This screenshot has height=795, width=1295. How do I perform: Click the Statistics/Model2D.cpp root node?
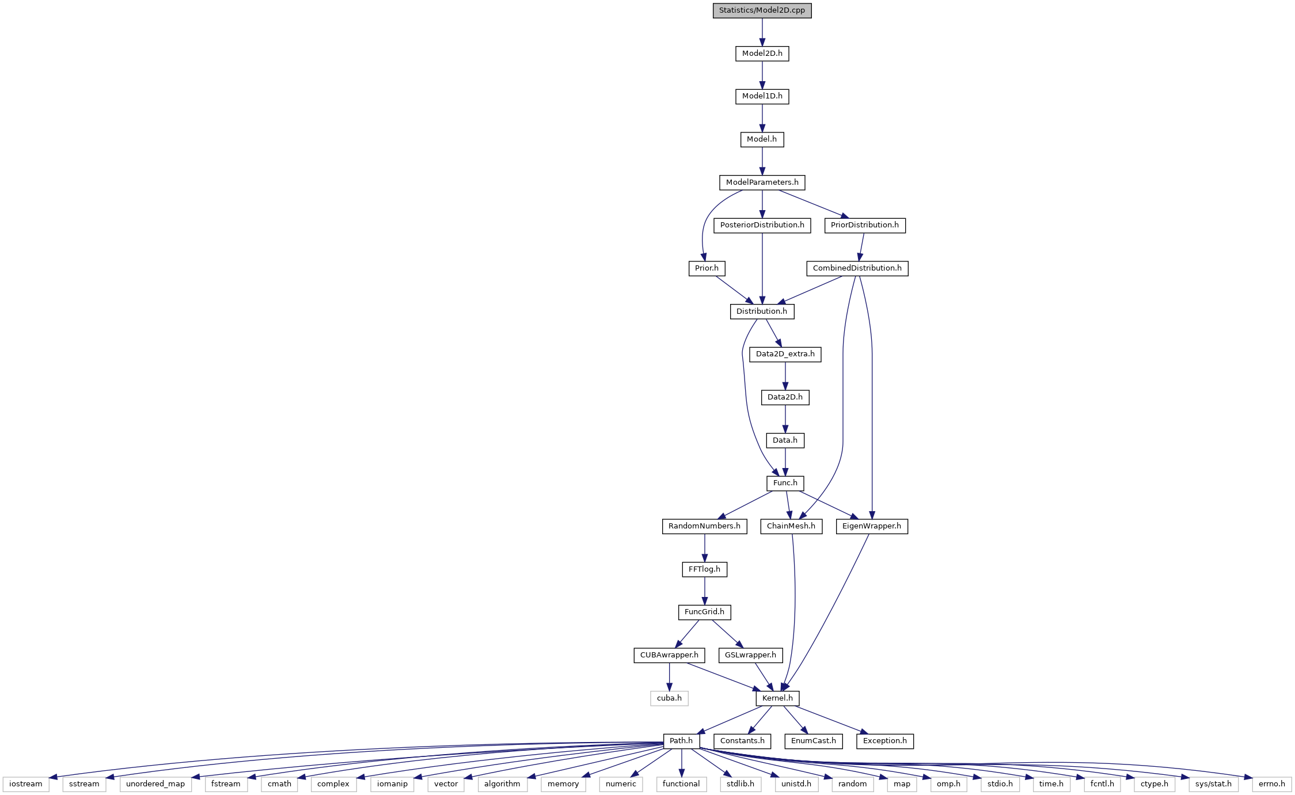762,10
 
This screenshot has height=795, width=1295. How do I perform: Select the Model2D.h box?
762,54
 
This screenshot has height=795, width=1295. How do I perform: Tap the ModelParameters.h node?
762,182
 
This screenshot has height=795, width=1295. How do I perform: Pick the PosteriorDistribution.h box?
762,225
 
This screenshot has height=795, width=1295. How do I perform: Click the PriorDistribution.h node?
864,225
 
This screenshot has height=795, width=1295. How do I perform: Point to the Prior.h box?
707,268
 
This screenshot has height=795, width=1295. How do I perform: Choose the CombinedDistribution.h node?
857,268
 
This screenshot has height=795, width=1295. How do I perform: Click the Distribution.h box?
762,311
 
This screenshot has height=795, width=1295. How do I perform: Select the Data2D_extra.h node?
785,354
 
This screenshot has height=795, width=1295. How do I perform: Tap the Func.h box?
785,483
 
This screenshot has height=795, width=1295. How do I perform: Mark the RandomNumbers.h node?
704,526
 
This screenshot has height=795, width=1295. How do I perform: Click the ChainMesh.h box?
791,526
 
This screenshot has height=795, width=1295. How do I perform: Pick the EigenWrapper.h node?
872,526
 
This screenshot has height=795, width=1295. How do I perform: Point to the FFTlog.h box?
704,569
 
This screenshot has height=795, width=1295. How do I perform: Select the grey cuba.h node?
669,698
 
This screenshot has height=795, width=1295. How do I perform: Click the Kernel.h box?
777,698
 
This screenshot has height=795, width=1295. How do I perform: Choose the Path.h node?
681,741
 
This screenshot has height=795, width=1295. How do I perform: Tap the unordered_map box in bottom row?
155,784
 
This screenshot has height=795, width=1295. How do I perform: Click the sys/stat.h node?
1213,784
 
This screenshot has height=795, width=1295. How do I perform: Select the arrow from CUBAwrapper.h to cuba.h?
669,677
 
